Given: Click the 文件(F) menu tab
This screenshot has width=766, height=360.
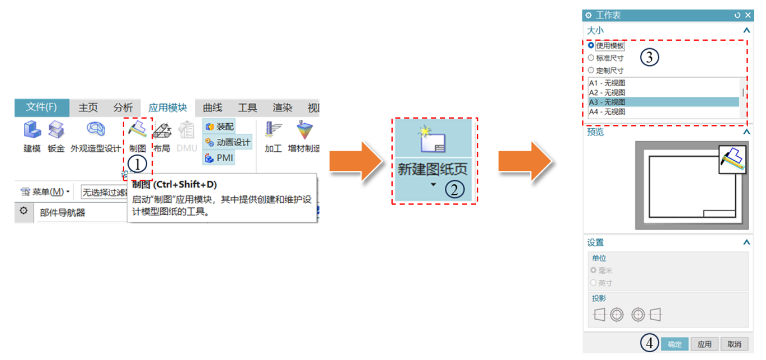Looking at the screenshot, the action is pyautogui.click(x=42, y=107).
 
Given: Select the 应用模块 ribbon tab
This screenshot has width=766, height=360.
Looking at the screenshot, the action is pyautogui.click(x=167, y=107).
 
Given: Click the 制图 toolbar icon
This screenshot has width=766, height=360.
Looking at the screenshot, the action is pyautogui.click(x=137, y=131).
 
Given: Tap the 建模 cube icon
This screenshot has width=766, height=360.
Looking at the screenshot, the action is pyautogui.click(x=32, y=130).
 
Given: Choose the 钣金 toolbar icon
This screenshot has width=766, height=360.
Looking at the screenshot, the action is pyautogui.click(x=56, y=130).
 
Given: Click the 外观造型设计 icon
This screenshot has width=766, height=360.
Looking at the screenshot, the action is pyautogui.click(x=96, y=129).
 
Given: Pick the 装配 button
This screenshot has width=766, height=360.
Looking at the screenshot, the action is pyautogui.click(x=220, y=127).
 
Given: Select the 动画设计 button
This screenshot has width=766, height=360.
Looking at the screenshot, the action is pyautogui.click(x=228, y=142).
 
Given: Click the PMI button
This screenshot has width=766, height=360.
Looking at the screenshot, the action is pyautogui.click(x=219, y=158).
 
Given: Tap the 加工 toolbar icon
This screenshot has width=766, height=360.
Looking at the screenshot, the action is pyautogui.click(x=273, y=130).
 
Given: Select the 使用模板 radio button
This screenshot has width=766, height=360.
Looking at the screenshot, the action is pyautogui.click(x=591, y=45).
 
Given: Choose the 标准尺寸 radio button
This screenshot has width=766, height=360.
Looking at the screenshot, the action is pyautogui.click(x=591, y=58).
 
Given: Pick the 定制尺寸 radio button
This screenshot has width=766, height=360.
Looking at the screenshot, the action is pyautogui.click(x=591, y=71).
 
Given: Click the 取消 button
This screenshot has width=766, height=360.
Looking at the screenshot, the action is pyautogui.click(x=734, y=344).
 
